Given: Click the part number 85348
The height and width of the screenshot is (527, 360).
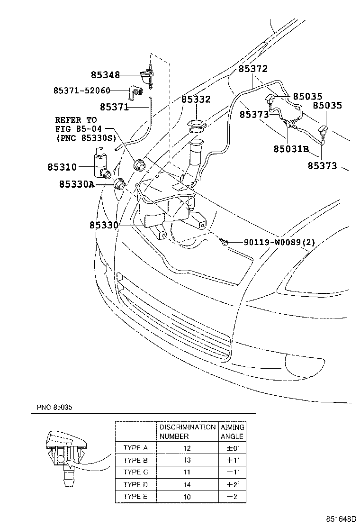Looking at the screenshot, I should (105, 75).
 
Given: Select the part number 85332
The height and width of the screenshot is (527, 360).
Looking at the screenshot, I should (196, 100).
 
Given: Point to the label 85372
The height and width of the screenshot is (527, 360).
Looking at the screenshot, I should (253, 69).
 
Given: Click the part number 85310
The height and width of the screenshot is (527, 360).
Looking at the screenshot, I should (62, 167).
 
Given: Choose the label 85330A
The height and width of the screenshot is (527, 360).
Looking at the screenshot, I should (76, 184).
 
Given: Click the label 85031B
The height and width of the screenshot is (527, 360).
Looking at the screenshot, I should (290, 149).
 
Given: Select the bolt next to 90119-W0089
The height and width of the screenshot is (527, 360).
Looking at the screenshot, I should (225, 243).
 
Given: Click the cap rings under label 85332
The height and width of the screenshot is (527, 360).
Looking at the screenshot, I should (196, 126).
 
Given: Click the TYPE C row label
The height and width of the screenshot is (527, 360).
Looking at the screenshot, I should (135, 472).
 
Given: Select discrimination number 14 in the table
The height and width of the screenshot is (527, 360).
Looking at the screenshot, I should (188, 484).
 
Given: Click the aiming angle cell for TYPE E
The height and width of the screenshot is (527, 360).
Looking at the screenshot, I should (232, 497).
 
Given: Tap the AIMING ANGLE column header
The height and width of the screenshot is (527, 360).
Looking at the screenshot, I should (232, 432).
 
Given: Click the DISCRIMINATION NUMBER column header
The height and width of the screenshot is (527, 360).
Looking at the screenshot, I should (187, 432).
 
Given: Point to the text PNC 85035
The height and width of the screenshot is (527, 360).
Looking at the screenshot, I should (55, 408).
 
